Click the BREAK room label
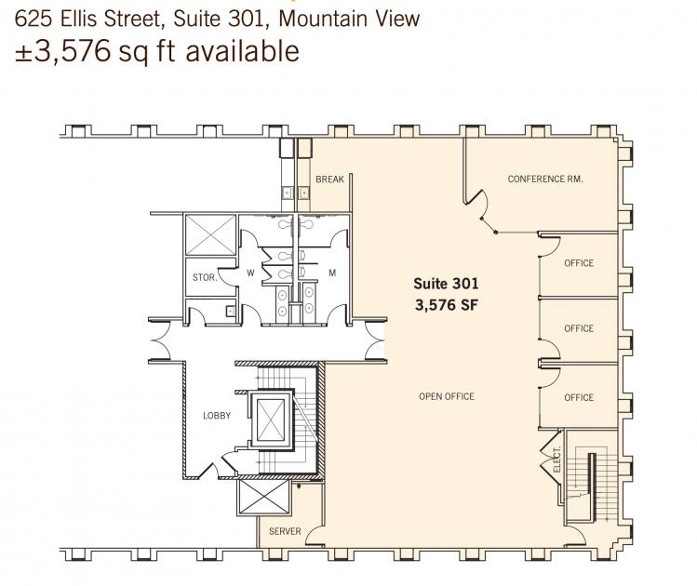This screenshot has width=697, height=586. [x=329, y=179]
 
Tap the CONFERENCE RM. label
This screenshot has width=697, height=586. [x=545, y=179]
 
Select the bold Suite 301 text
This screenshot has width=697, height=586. [x=446, y=284]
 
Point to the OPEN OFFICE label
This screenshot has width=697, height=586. [x=447, y=396]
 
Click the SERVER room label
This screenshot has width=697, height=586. [x=285, y=531]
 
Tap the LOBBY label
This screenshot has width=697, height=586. [x=217, y=416]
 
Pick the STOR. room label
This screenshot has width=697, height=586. [x=205, y=278]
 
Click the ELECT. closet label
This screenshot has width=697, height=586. [x=557, y=459]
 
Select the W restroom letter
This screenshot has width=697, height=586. [x=250, y=273]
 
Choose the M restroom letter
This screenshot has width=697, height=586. [x=332, y=273]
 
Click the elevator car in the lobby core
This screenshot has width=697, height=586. [x=271, y=419]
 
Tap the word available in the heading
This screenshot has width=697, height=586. [x=242, y=50]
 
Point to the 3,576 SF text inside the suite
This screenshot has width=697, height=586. [x=447, y=305]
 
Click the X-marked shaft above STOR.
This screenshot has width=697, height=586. [x=210, y=235]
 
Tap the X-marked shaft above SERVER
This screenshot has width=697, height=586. [x=265, y=498]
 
